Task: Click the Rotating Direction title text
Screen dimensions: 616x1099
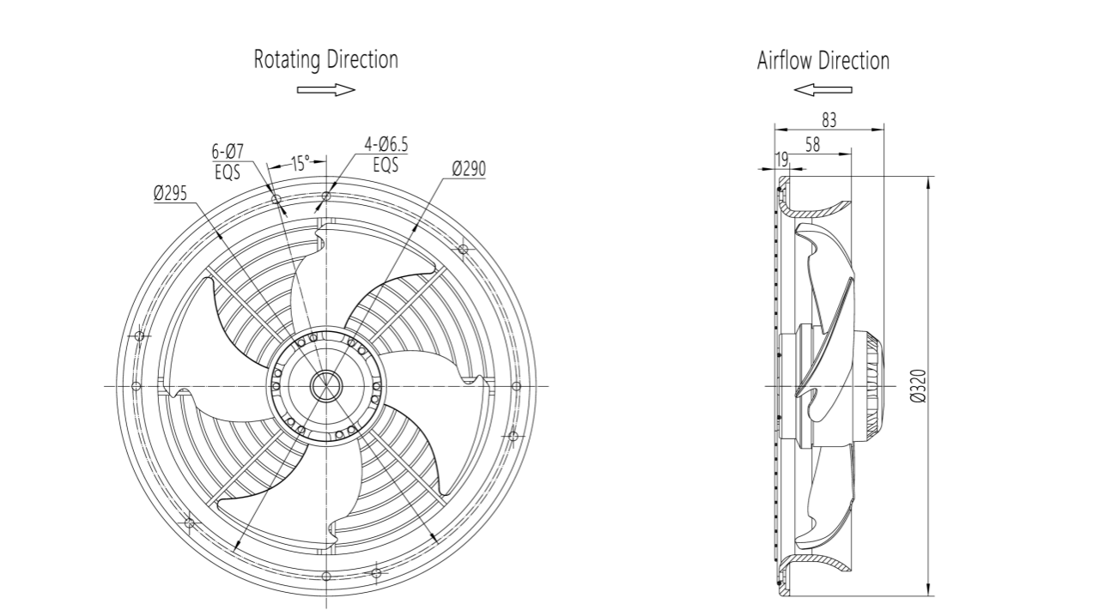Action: pyautogui.click(x=325, y=60)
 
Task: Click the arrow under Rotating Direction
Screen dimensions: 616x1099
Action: pyautogui.click(x=325, y=89)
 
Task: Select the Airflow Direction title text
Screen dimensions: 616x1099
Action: pyautogui.click(x=823, y=61)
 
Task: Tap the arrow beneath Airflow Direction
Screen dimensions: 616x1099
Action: pyautogui.click(x=823, y=89)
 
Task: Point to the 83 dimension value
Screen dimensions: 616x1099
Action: pyautogui.click(x=829, y=120)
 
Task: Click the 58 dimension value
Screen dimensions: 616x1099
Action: pyautogui.click(x=811, y=145)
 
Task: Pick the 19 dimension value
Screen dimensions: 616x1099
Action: pyautogui.click(x=781, y=159)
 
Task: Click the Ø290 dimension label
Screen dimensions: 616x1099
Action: pyautogui.click(x=468, y=169)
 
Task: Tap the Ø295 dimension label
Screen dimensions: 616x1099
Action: pyautogui.click(x=171, y=194)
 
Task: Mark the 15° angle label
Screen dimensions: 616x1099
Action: pyautogui.click(x=300, y=163)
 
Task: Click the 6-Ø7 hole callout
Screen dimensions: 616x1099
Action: pyautogui.click(x=228, y=152)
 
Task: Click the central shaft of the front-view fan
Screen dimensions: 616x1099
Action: pyautogui.click(x=326, y=386)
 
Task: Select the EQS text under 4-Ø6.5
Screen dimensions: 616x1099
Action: pyautogui.click(x=386, y=164)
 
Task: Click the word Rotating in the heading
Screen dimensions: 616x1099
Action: pyautogui.click(x=287, y=60)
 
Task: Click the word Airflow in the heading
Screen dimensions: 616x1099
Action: pyautogui.click(x=784, y=61)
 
